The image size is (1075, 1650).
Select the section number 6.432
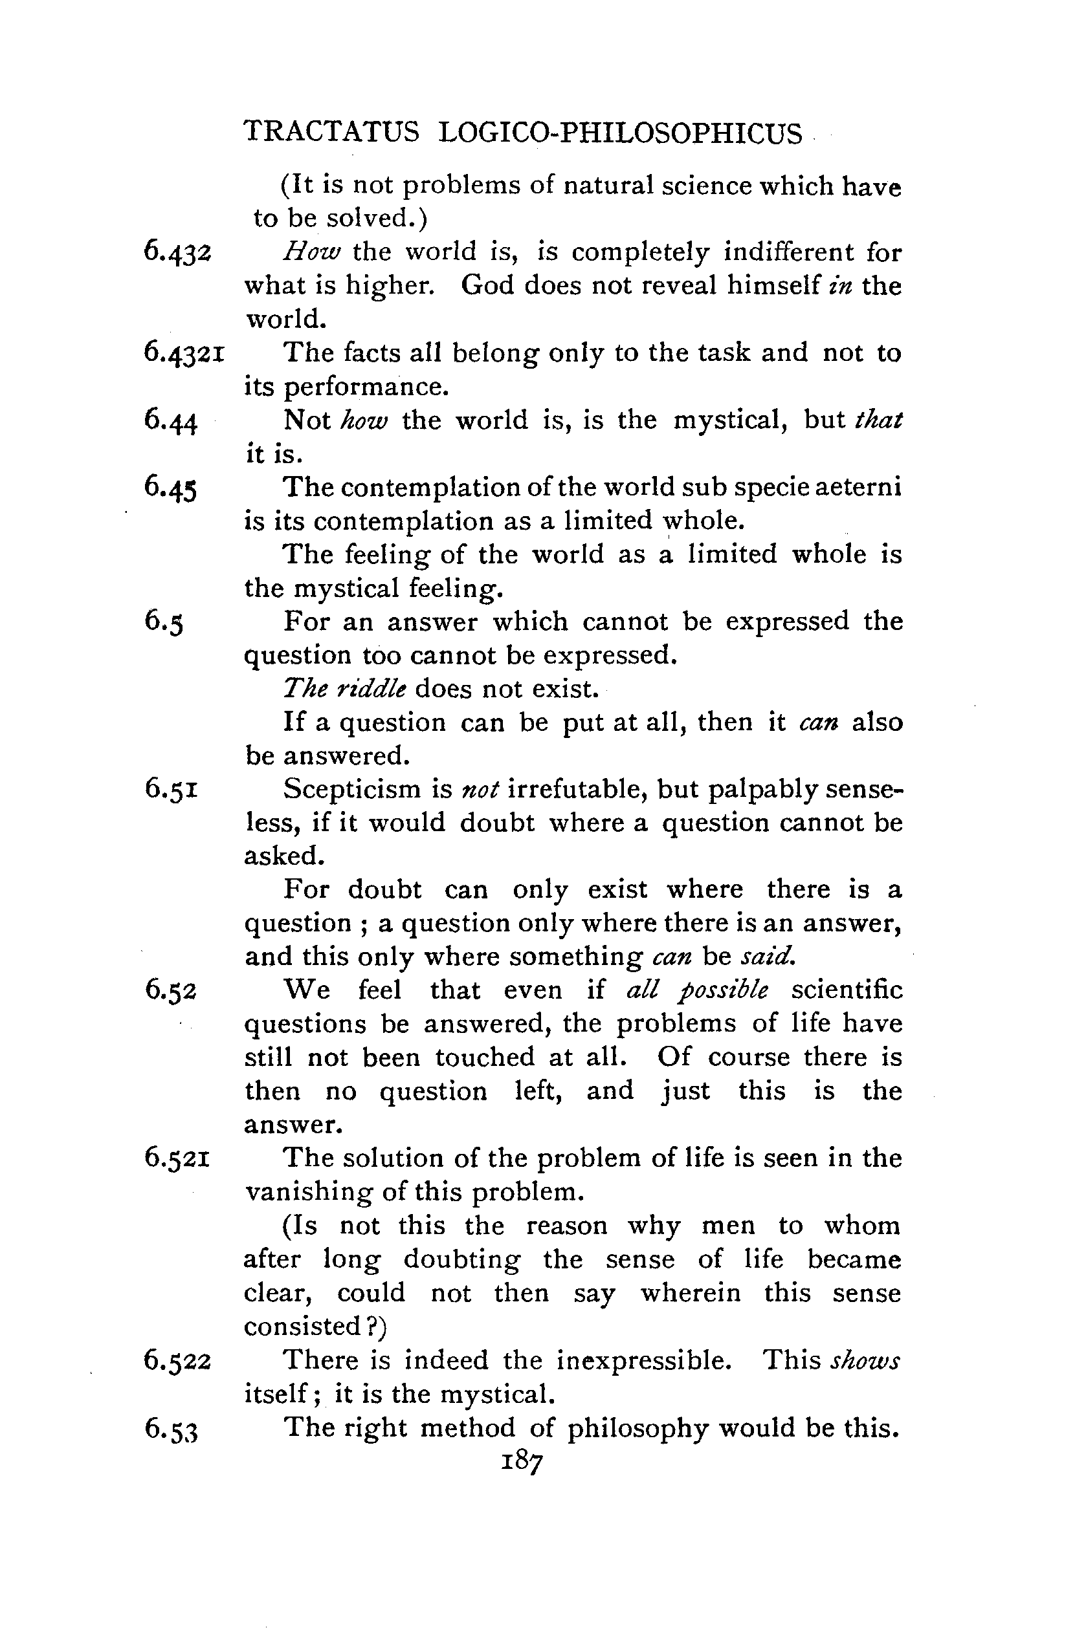176,251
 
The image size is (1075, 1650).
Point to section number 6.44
172,420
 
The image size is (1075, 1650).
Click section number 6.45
172,488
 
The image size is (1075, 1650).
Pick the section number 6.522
177,1360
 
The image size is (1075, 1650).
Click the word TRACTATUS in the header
332,132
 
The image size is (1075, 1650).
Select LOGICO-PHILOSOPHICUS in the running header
621,132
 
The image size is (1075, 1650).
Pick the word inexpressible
643,1360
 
